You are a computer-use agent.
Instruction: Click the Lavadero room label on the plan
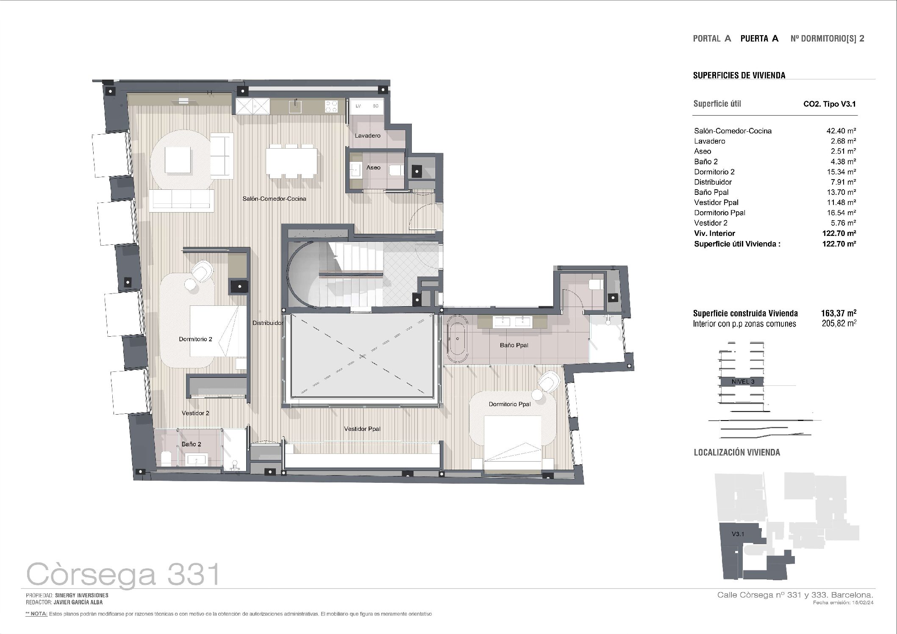click(x=367, y=136)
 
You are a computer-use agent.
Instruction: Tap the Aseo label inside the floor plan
click(x=373, y=167)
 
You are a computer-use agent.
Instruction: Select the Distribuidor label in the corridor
click(x=268, y=323)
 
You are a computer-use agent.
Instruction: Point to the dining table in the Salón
click(x=292, y=161)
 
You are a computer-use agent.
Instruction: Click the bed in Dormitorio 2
click(x=218, y=331)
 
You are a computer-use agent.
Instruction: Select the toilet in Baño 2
click(x=166, y=459)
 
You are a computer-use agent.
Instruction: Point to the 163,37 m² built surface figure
click(x=839, y=313)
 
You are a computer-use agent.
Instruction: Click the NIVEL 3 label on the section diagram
click(x=743, y=381)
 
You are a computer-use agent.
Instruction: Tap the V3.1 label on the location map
click(x=738, y=534)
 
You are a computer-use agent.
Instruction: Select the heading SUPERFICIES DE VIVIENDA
click(x=739, y=75)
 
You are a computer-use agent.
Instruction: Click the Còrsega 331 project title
click(x=123, y=575)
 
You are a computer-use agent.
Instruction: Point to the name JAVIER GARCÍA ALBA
click(x=78, y=602)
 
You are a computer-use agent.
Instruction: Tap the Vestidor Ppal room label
click(x=362, y=429)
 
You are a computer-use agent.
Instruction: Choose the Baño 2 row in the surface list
click(x=775, y=161)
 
